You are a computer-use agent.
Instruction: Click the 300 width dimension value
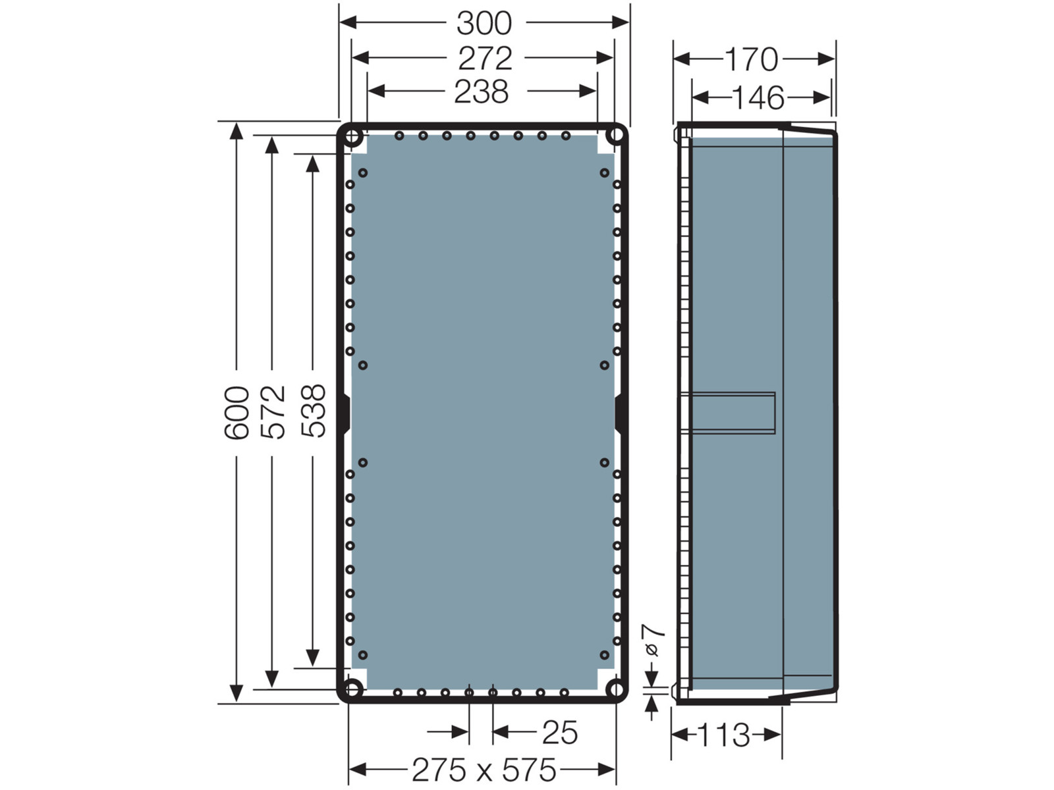click(484, 23)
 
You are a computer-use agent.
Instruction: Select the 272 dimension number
click(485, 59)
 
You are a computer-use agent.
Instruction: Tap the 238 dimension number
click(481, 92)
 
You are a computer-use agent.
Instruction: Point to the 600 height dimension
click(236, 413)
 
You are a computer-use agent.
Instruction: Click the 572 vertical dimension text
click(273, 412)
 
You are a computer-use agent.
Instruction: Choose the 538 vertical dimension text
click(313, 411)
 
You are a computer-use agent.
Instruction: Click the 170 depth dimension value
click(751, 59)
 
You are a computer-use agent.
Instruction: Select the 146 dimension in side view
click(758, 98)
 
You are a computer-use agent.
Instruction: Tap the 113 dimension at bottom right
click(723, 735)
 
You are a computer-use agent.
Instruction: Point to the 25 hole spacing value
click(560, 733)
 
